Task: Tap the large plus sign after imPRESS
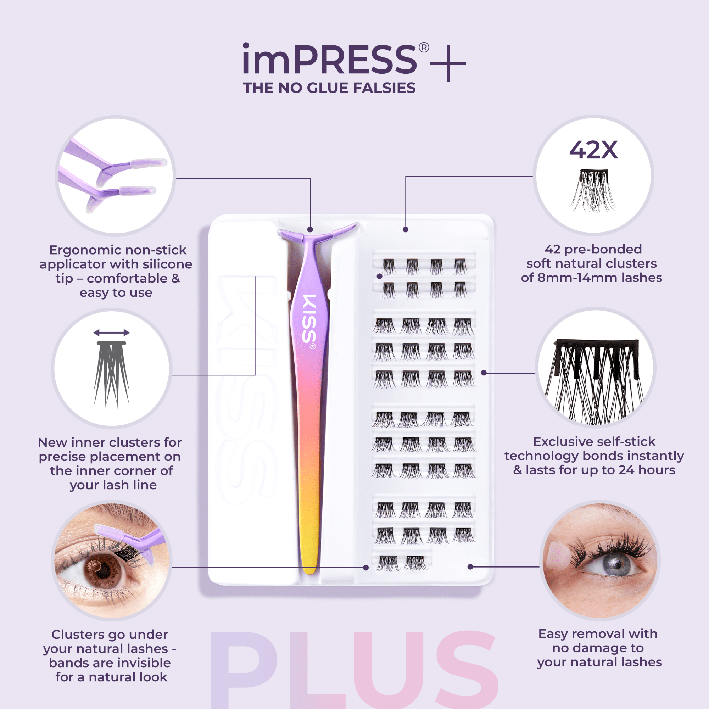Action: (x=448, y=63)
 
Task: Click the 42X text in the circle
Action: (x=593, y=150)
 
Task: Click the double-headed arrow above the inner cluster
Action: (x=111, y=333)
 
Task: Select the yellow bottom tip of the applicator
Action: (x=309, y=562)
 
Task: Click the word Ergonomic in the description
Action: (x=80, y=250)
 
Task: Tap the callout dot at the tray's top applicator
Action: (x=310, y=230)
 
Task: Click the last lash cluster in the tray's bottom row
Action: (x=416, y=563)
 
